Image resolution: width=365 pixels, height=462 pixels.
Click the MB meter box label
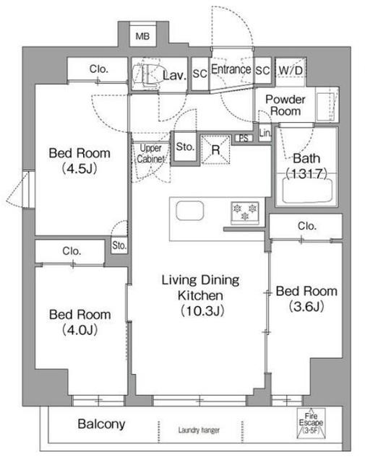tap(142, 37)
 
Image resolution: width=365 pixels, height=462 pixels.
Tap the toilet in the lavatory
tap(145, 75)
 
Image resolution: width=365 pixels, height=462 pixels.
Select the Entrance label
tap(231, 69)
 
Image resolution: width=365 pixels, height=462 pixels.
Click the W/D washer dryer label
tap(291, 71)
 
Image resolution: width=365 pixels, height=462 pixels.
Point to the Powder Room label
tap(285, 105)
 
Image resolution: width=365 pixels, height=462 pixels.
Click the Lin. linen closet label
tap(265, 133)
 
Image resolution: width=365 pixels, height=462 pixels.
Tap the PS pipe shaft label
tap(244, 138)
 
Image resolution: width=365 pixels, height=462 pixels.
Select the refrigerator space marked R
tap(215, 149)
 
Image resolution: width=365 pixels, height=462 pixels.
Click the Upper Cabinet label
tap(150, 153)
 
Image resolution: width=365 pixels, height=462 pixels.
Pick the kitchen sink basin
tap(190, 210)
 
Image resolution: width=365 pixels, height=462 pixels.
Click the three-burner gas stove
tap(245, 212)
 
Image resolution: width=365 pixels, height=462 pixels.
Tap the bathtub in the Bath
tap(307, 191)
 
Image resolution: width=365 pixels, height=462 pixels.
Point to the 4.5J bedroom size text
tap(80, 169)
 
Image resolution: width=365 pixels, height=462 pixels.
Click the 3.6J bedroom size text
tap(306, 306)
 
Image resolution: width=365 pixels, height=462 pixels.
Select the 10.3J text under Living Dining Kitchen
tap(202, 310)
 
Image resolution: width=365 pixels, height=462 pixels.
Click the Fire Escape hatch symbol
tap(311, 423)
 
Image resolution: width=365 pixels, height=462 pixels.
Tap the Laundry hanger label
tap(199, 430)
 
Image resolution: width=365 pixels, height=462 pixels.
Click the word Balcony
tap(101, 424)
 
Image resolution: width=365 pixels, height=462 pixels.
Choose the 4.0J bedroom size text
tap(80, 330)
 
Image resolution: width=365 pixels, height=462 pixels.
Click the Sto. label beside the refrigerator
tap(185, 147)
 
